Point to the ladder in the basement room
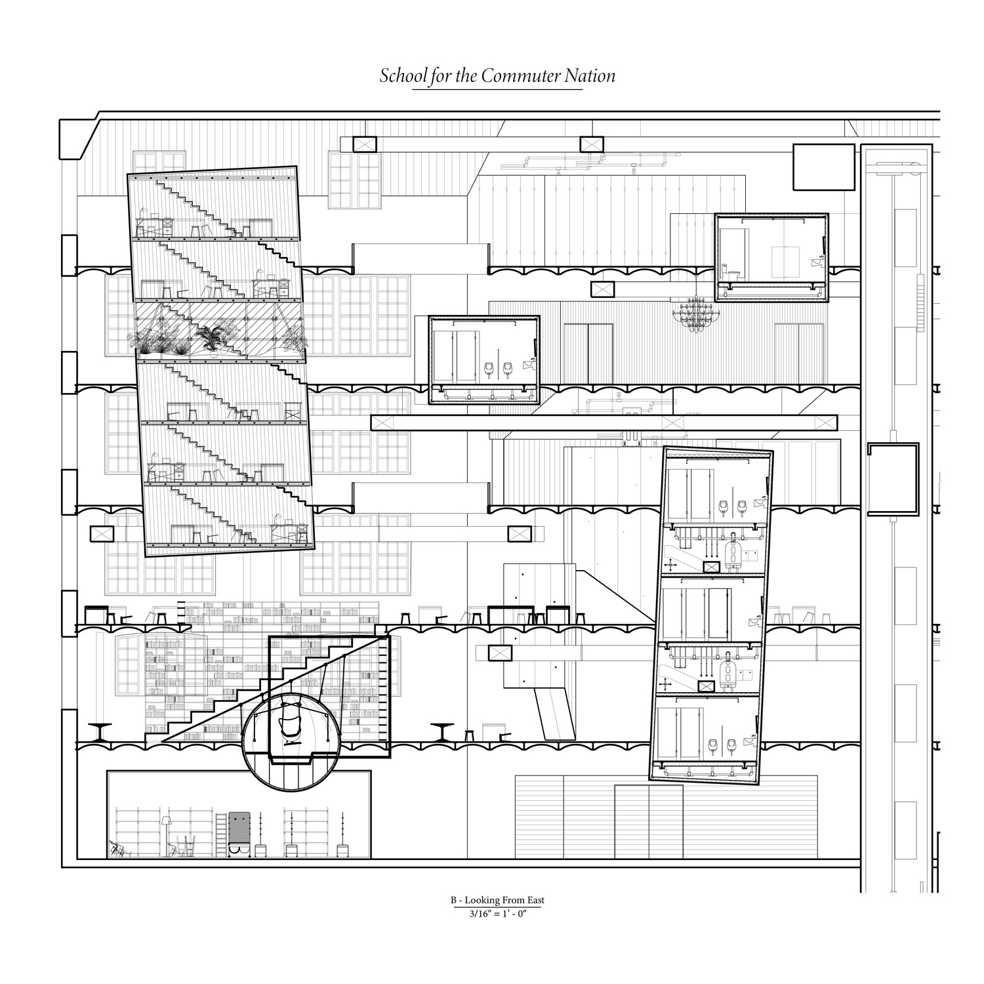[221, 832]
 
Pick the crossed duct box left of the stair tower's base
[101, 534]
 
